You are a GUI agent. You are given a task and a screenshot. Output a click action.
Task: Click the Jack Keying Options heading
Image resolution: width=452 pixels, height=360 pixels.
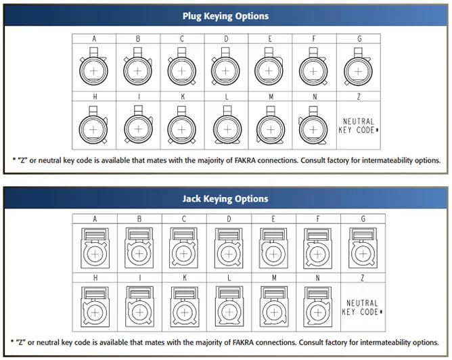pos(225,199)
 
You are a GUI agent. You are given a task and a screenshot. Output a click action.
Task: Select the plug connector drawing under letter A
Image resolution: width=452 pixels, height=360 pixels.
pos(93,70)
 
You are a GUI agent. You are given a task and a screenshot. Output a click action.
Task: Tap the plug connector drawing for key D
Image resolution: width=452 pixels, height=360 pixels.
pos(225,70)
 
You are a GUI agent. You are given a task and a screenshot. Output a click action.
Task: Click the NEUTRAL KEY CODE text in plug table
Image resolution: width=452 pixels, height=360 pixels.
pos(359,126)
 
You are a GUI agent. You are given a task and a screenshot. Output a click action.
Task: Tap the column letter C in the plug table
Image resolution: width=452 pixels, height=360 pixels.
pos(181,39)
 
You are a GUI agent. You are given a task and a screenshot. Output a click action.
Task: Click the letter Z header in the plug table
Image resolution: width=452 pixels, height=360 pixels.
pos(357,97)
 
